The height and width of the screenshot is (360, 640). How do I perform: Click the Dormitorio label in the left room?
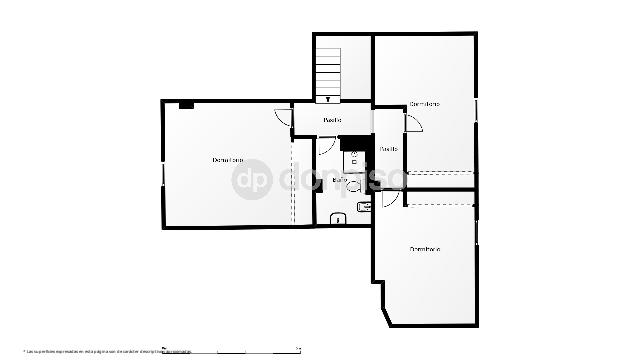click(x=228, y=160)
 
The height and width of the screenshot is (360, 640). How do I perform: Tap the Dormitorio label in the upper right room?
click(x=425, y=104)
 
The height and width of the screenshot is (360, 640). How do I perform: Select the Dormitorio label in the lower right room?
click(x=425, y=249)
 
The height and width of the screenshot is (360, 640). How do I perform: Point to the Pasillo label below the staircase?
click(x=332, y=121)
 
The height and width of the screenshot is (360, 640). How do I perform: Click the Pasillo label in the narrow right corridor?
click(x=388, y=149)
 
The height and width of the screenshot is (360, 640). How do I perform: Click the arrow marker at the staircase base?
click(x=329, y=100)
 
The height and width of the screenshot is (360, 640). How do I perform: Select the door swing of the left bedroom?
click(x=282, y=116)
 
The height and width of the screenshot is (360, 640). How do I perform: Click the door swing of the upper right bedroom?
click(x=413, y=122)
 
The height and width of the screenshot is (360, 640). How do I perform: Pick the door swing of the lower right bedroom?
click(x=390, y=198)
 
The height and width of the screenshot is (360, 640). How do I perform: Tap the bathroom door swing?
click(x=326, y=146)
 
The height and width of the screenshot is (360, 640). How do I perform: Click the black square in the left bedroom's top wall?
click(x=186, y=104)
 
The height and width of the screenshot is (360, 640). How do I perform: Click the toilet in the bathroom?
click(x=363, y=207)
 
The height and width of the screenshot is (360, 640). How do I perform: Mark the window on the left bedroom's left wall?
click(x=162, y=173)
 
